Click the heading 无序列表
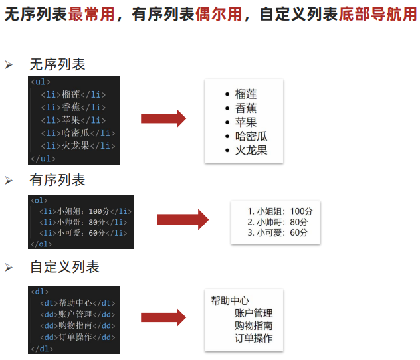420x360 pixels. [x=57, y=64]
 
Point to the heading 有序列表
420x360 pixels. [x=57, y=180]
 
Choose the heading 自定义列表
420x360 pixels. [x=64, y=267]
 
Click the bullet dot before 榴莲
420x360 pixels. [x=227, y=94]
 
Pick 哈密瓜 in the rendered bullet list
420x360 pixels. [x=251, y=136]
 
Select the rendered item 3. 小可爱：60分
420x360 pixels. [x=277, y=232]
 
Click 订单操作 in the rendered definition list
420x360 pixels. [x=253, y=338]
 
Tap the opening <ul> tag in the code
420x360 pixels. [x=40, y=82]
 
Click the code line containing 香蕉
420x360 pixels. [x=72, y=107]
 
